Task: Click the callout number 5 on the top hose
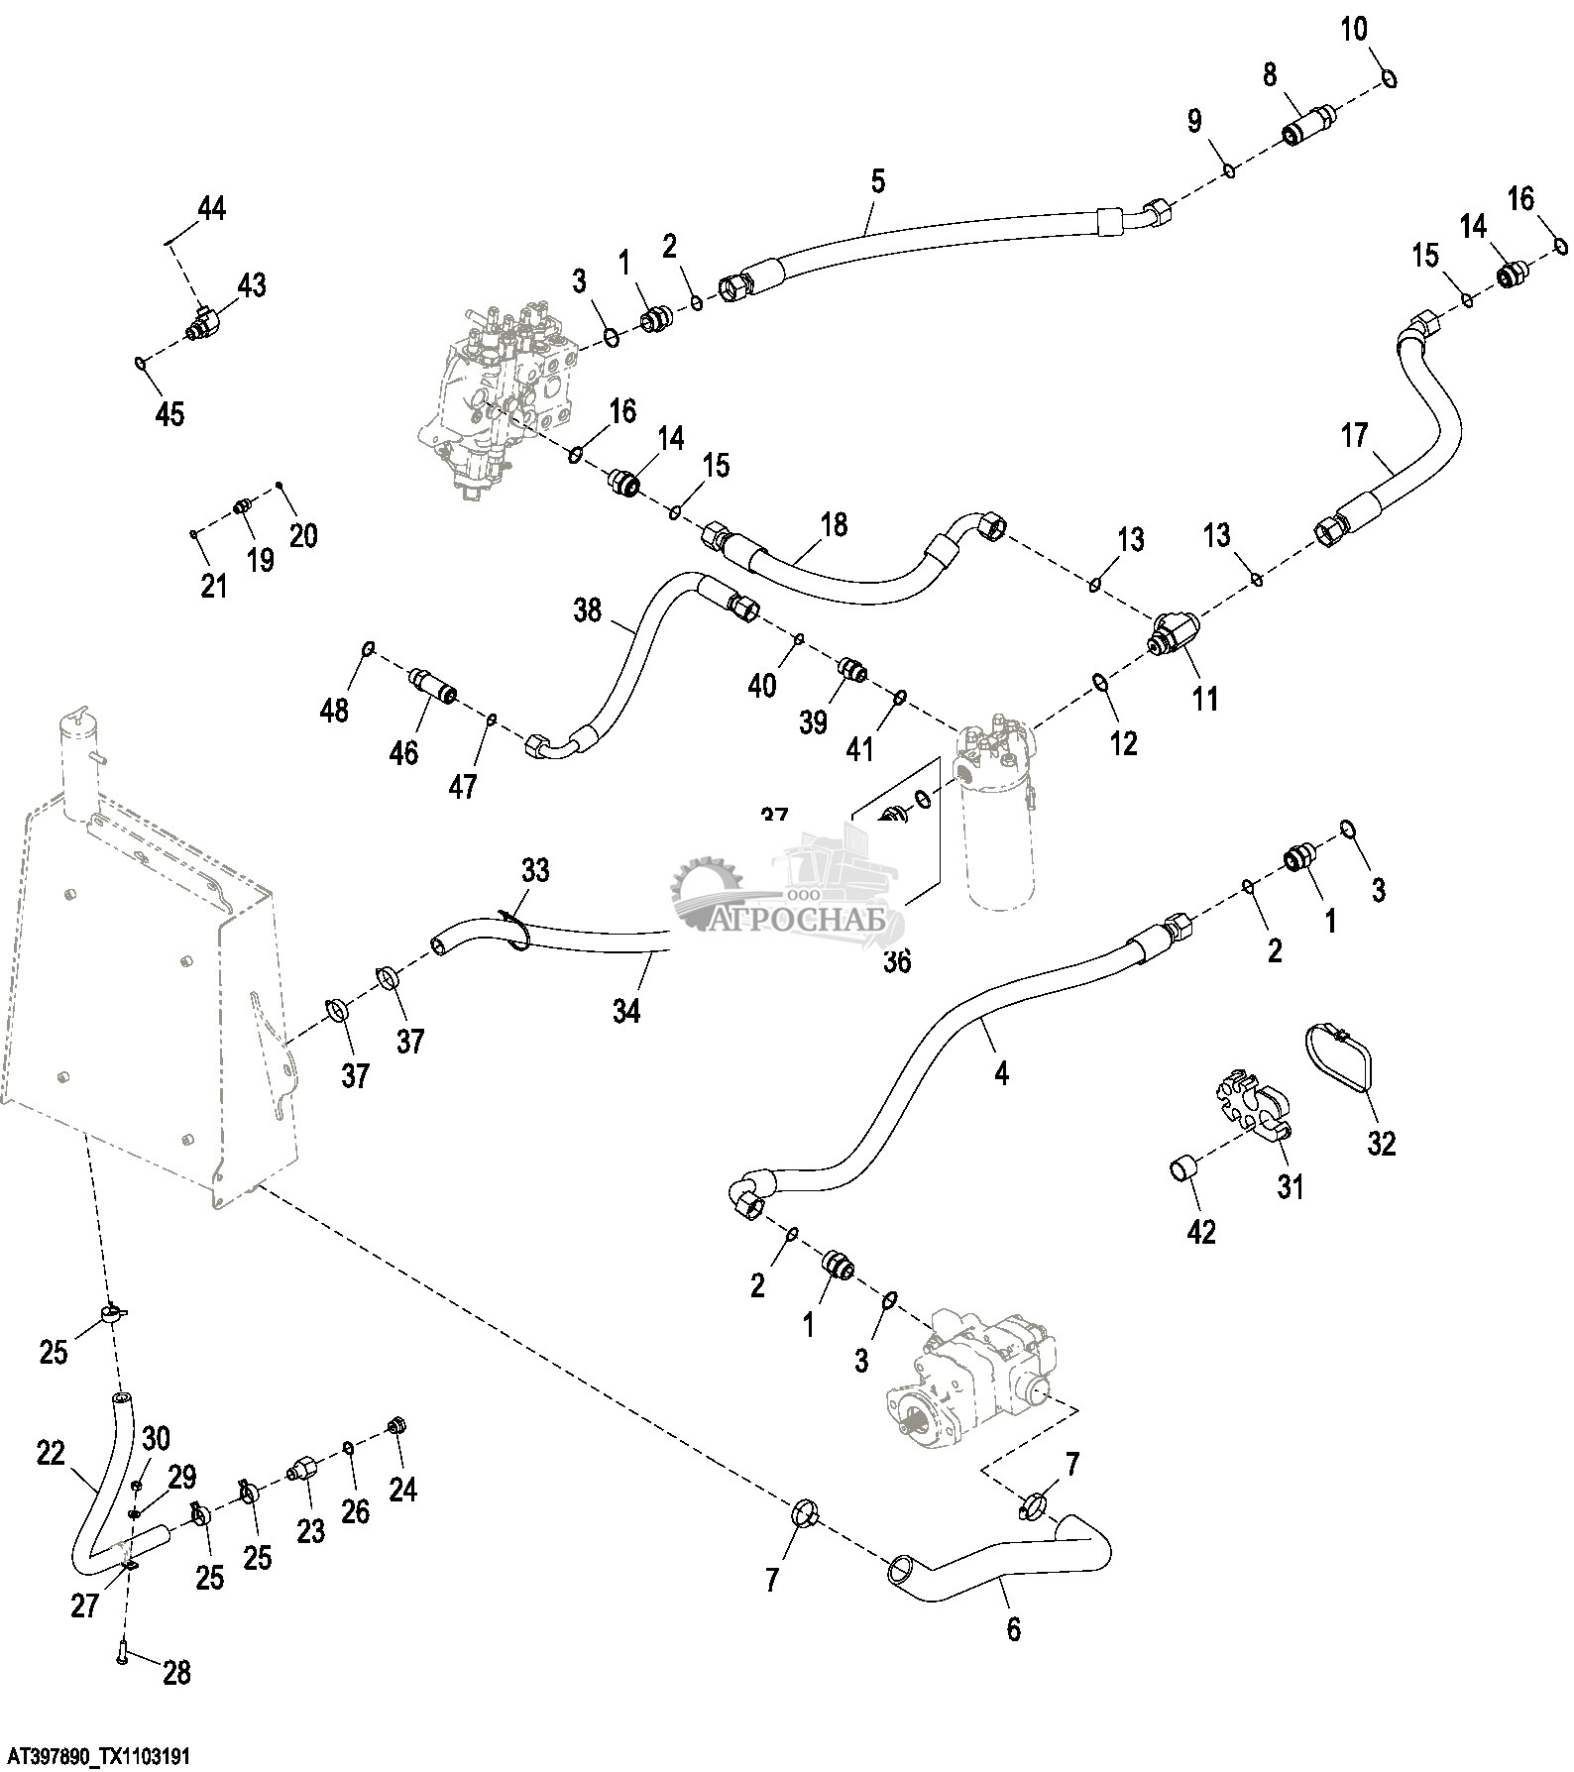[877, 181]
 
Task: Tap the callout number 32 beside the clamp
[1381, 1143]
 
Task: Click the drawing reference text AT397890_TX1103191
[95, 1755]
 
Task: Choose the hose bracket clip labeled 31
[1249, 1106]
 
